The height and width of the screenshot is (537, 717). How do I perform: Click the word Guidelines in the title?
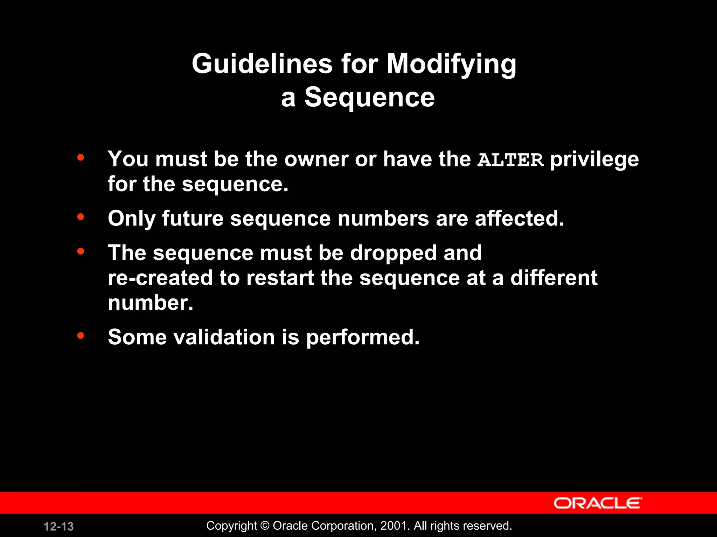point(262,64)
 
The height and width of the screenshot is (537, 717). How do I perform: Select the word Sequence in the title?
point(369,98)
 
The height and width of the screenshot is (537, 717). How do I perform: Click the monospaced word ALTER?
point(510,160)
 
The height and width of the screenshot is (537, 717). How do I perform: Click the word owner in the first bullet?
point(316,159)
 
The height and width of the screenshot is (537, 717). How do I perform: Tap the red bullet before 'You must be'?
point(81,157)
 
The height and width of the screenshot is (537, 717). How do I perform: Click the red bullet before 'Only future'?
point(81,217)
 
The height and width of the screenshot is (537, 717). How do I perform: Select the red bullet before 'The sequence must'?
point(81,251)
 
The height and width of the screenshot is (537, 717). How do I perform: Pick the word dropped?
point(393,253)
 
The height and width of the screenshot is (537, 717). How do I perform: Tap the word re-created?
point(160,278)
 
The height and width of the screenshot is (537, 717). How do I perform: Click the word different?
point(554,278)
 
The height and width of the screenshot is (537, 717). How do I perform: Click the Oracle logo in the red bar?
point(598,503)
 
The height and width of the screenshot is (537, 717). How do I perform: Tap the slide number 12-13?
point(59,527)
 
